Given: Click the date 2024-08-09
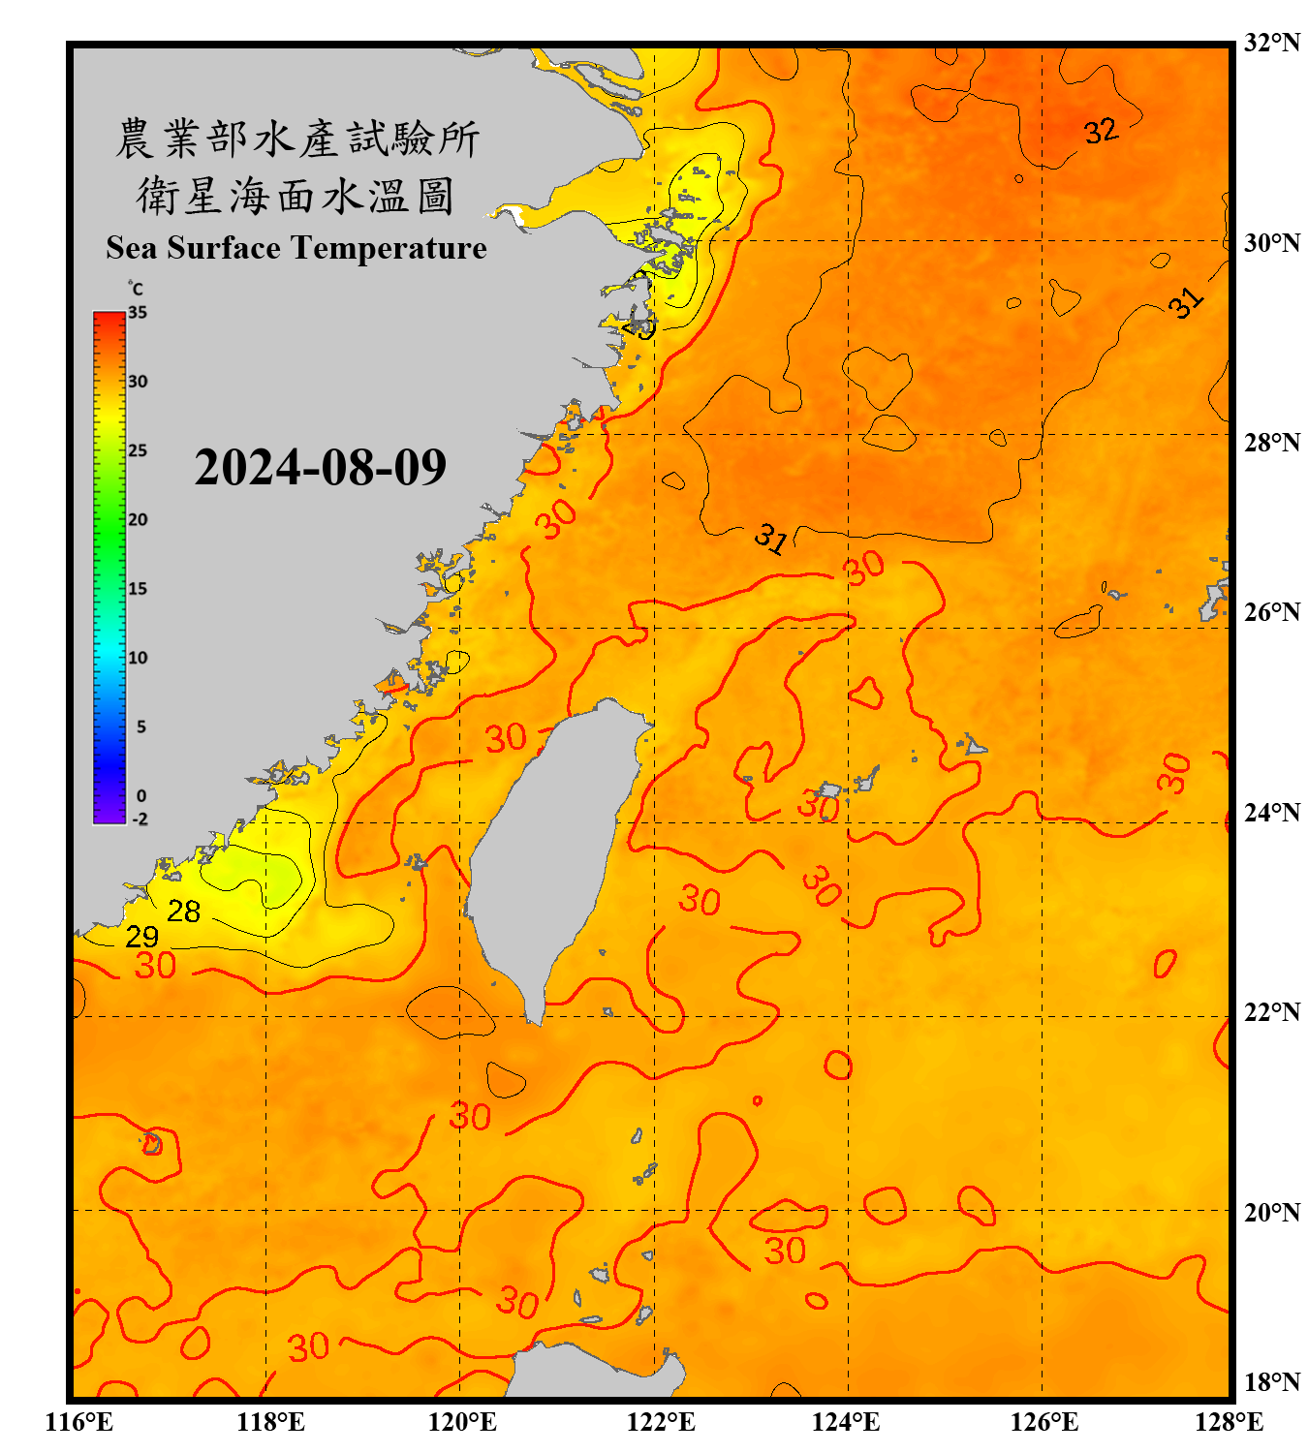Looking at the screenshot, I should (320, 467).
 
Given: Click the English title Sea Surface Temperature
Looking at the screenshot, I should (296, 248).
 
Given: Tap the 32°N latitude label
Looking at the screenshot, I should (1271, 43).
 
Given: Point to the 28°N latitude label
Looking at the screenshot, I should (1271, 443).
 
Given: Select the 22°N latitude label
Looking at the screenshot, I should (1271, 1012).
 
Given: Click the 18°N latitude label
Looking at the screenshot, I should (1271, 1382).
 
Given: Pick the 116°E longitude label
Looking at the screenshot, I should (79, 1422).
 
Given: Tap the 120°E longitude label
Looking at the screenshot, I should (462, 1422).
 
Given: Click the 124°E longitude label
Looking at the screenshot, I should (846, 1422).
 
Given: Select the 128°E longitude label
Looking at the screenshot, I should (1229, 1422).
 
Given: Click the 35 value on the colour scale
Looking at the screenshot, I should (138, 313).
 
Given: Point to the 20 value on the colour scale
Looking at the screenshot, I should (138, 520).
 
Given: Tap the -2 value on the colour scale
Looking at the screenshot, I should (140, 819).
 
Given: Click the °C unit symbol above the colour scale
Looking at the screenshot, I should (135, 289).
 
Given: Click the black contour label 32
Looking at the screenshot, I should (1101, 131).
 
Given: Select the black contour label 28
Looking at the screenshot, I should (183, 912).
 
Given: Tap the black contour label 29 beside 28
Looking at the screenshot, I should (141, 937).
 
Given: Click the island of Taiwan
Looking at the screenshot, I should (552, 843).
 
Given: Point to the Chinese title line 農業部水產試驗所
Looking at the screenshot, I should (296, 139).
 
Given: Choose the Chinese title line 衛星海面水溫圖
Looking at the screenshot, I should (296, 196).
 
